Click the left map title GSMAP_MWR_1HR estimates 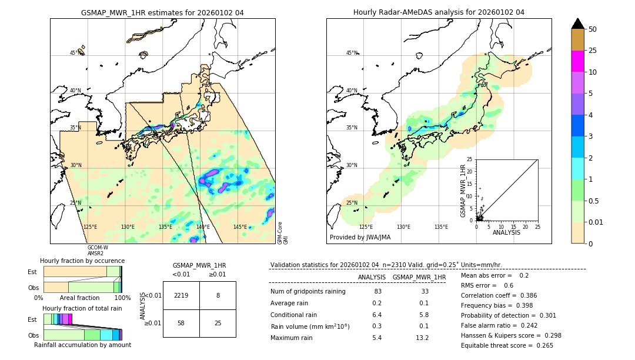coord(162,12)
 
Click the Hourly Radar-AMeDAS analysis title coord(439,12)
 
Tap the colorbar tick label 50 coord(593,29)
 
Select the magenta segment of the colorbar coord(577,61)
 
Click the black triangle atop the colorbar coord(577,24)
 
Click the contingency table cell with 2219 coord(181,295)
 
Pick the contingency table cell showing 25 coord(218,323)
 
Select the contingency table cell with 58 coord(181,323)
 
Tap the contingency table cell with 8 coord(218,295)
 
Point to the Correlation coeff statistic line coord(499,295)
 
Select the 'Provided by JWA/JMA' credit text coord(360,237)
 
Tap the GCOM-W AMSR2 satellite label coord(97,251)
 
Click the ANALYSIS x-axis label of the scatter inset coord(506,232)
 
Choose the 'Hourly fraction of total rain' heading coord(82,308)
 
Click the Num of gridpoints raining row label coord(308,292)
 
